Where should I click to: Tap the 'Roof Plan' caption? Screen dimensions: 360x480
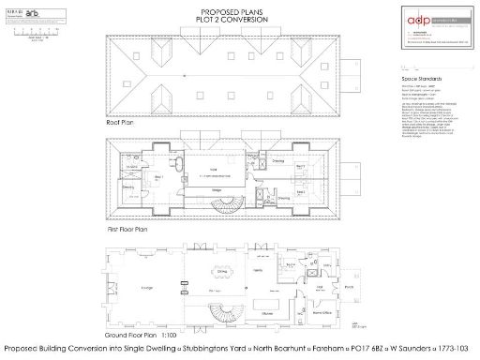tap(124, 123)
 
